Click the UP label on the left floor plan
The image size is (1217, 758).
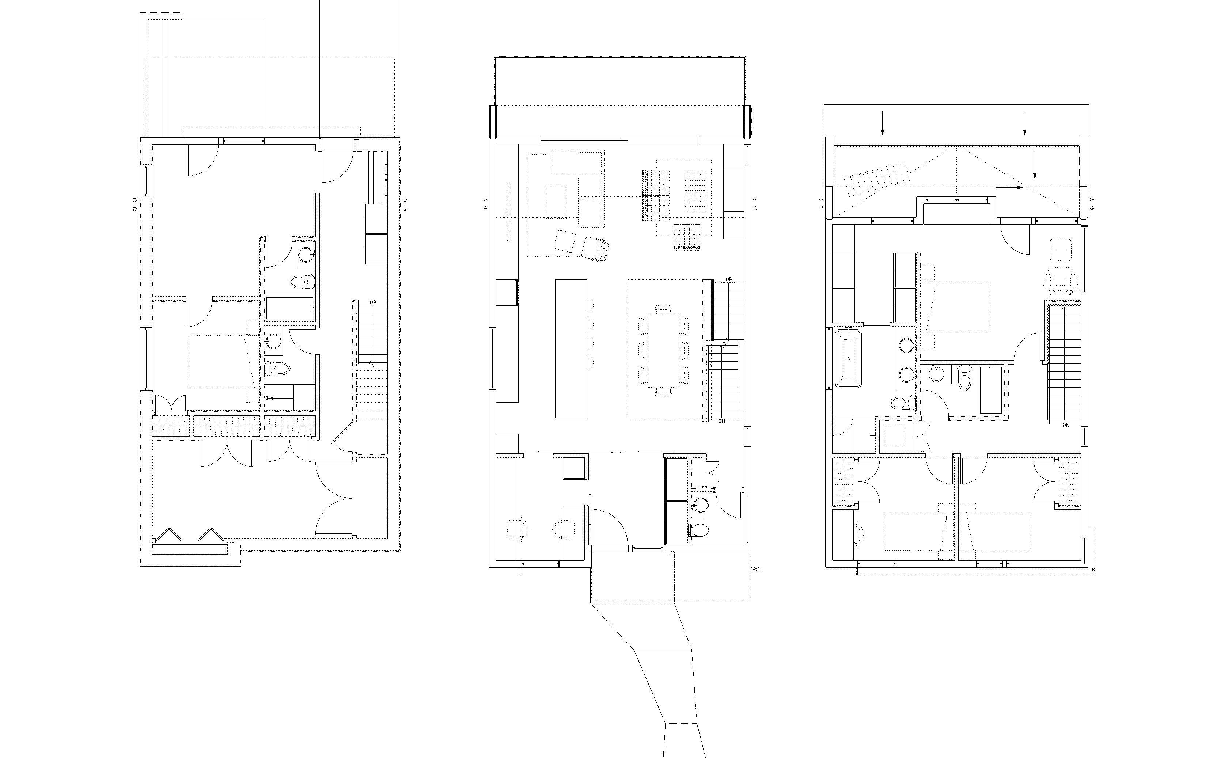[x=372, y=302]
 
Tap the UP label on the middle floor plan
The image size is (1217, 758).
[x=729, y=279]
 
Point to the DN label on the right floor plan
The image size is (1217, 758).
[x=1066, y=425]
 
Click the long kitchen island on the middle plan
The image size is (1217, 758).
[x=570, y=348]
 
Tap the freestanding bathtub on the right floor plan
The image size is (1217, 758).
[x=849, y=359]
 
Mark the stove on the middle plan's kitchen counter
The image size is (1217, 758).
[x=507, y=292]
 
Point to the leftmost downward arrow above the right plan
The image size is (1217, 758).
[x=882, y=123]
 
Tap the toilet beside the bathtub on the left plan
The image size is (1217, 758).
[x=303, y=282]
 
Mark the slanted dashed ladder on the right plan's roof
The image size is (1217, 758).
[x=876, y=178]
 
